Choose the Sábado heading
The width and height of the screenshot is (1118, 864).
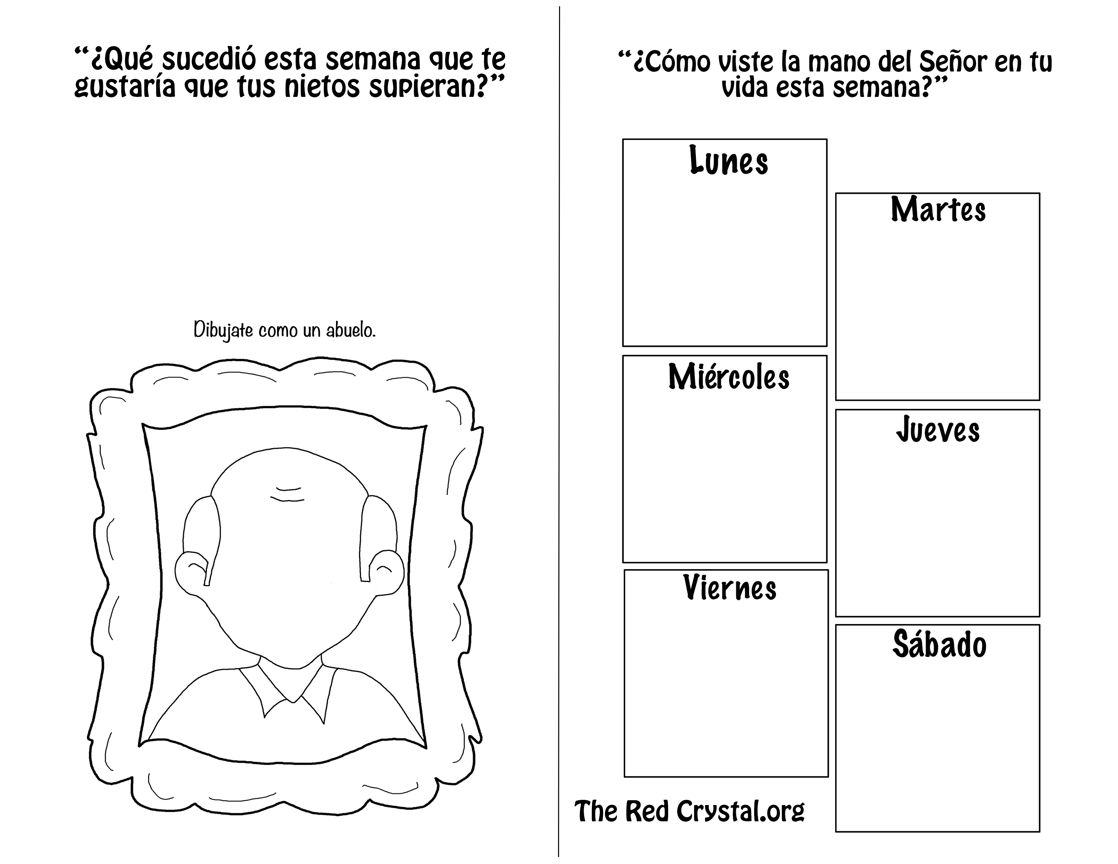[939, 644]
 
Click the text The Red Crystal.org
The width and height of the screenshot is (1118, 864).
[689, 811]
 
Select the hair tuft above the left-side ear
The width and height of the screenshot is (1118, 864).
[202, 532]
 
